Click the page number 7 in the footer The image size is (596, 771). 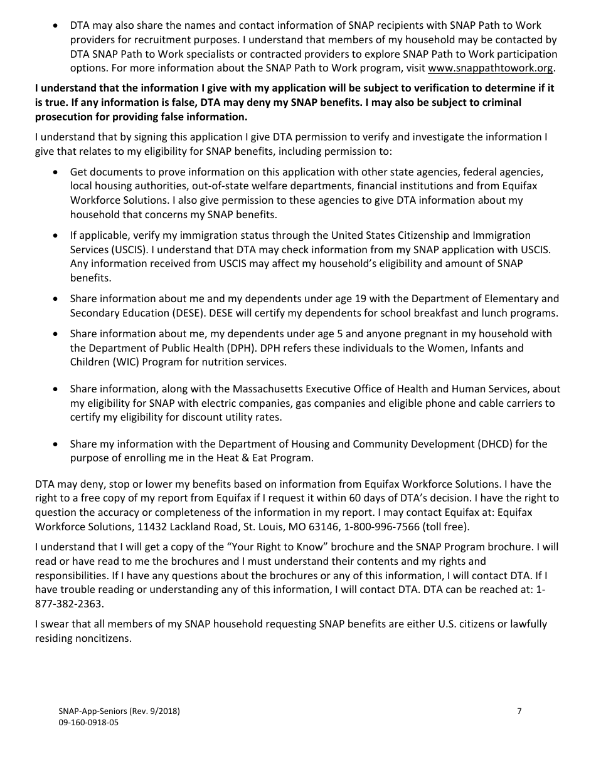[519, 711]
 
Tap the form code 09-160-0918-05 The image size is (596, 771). [88, 722]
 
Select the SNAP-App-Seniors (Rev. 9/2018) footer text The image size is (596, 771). [119, 711]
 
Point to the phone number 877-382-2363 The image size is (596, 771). [69, 604]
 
